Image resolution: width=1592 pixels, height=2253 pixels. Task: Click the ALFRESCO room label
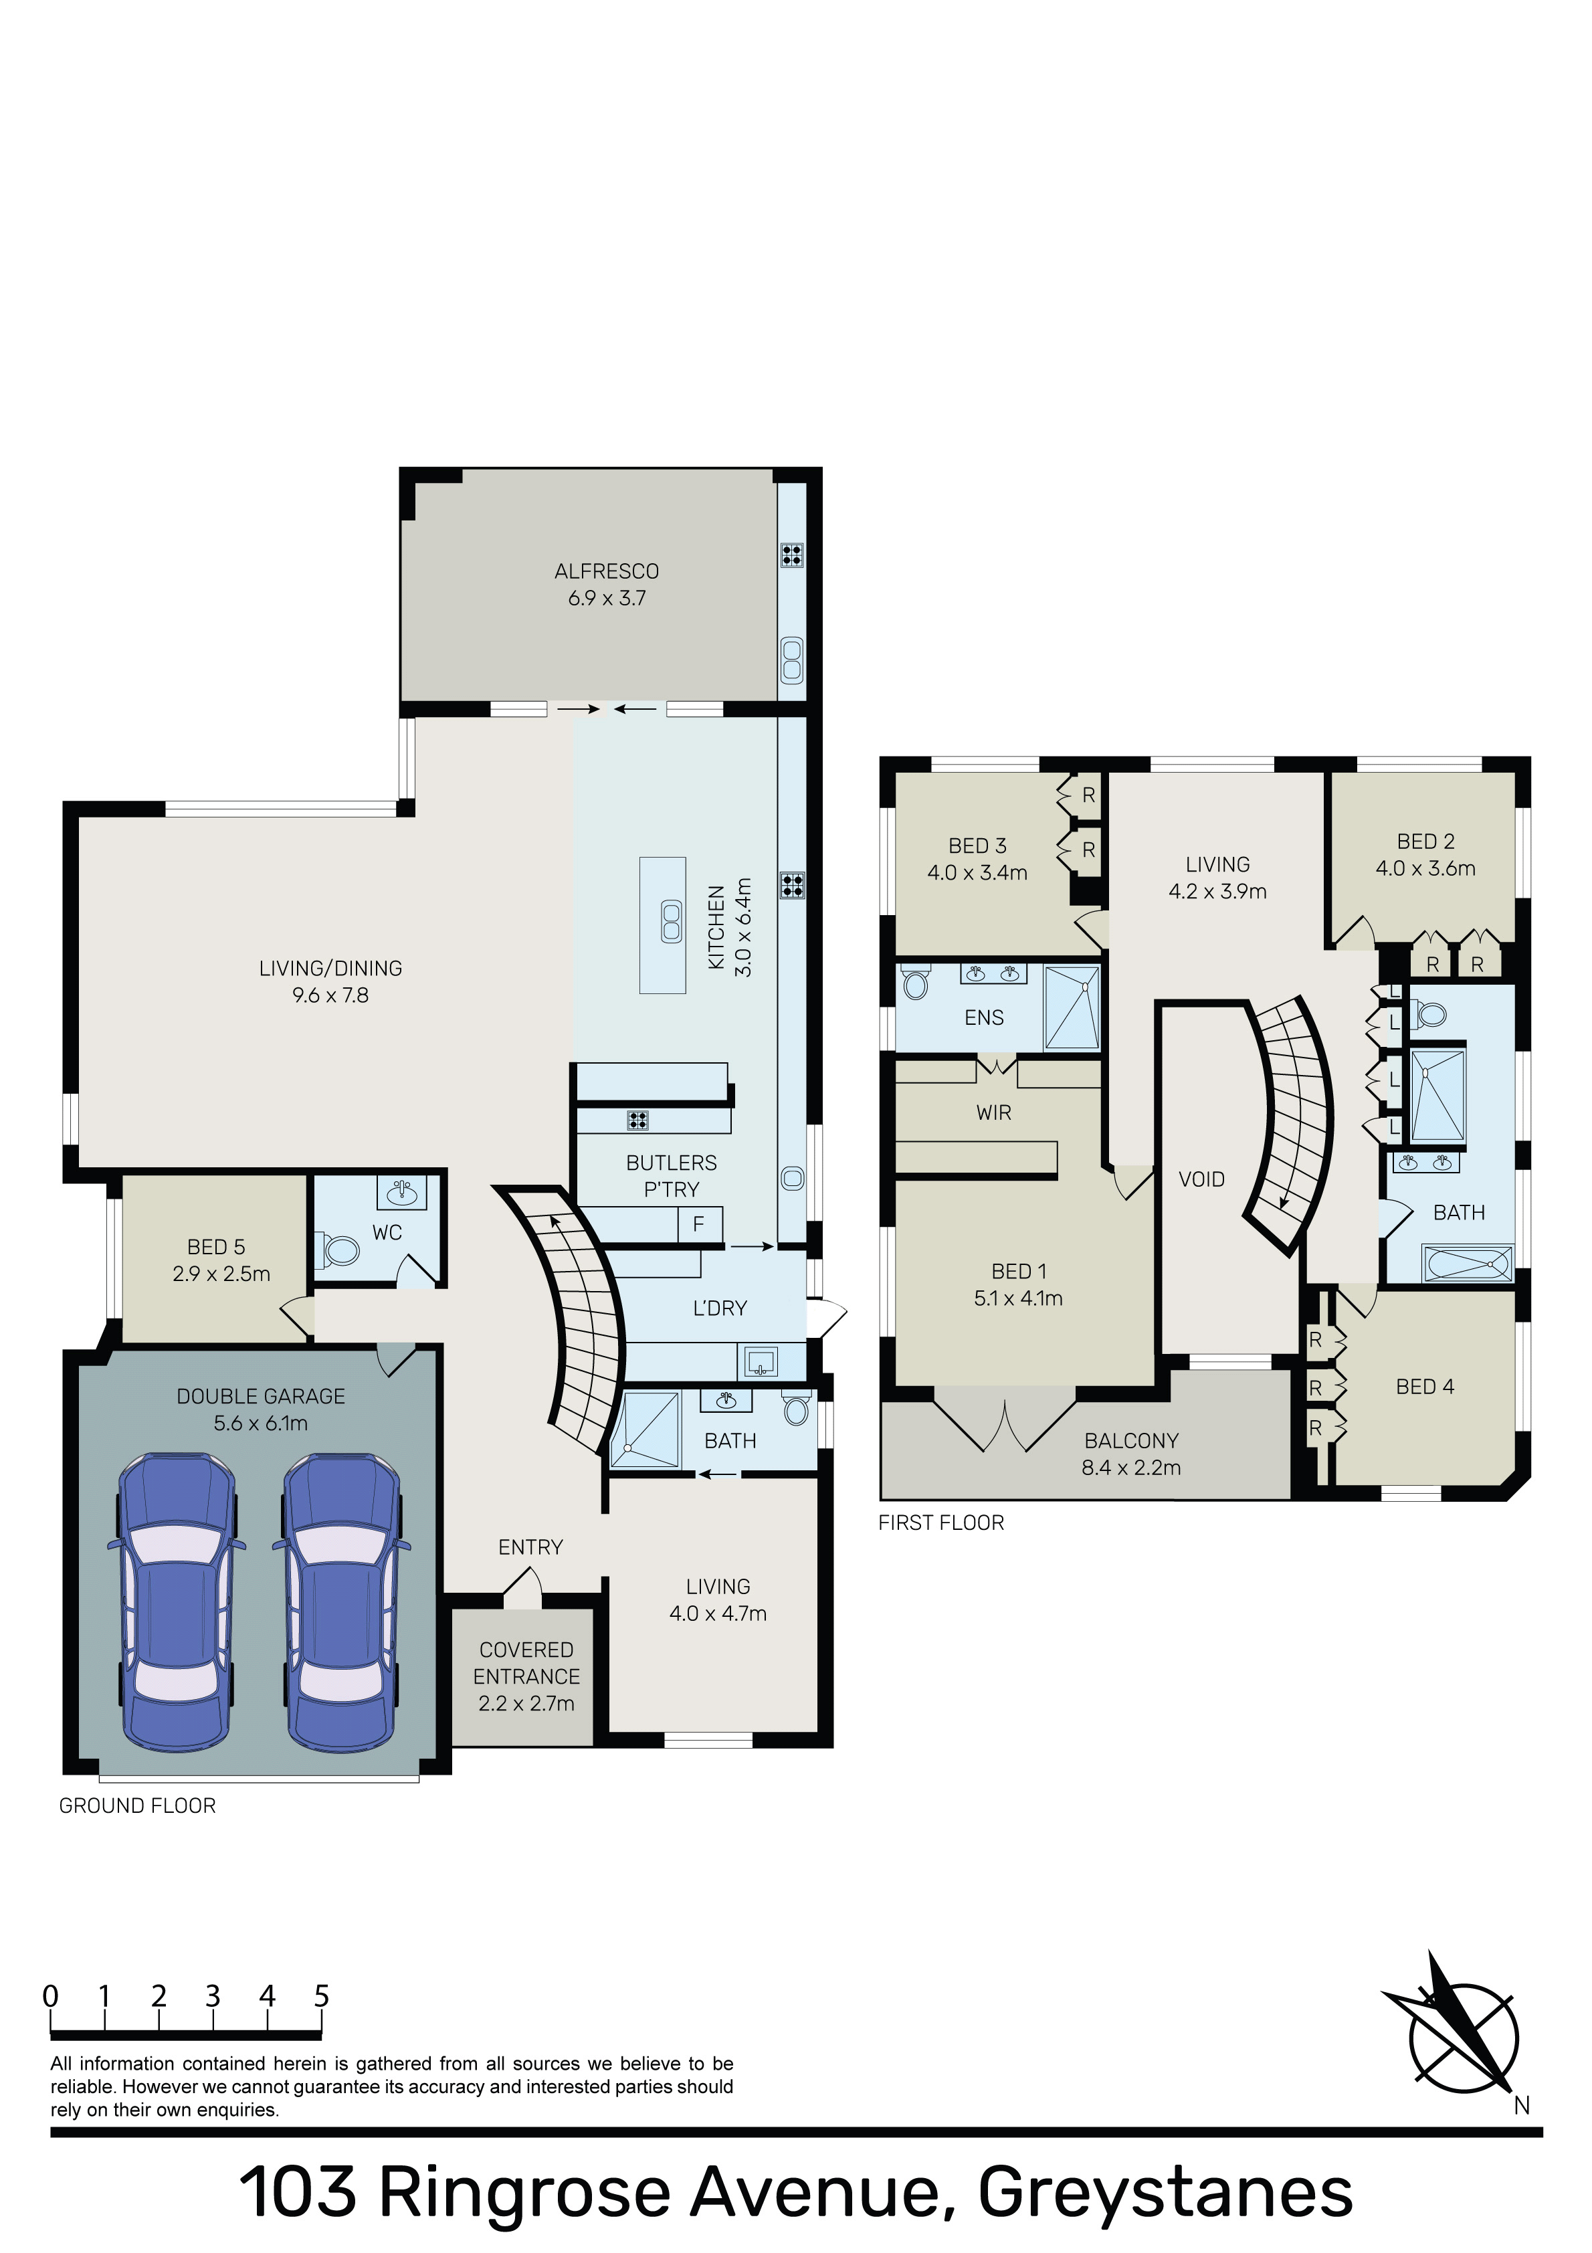click(x=607, y=571)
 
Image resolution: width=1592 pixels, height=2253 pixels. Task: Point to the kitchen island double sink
click(x=672, y=922)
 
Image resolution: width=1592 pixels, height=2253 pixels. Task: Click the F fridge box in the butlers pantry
click(x=699, y=1225)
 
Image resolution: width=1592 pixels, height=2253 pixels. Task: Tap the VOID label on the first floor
click(x=1201, y=1179)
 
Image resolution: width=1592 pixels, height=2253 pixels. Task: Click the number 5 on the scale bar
click(x=321, y=1996)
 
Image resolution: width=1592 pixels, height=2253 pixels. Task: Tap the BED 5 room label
click(x=216, y=1247)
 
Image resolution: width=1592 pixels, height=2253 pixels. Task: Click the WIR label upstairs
click(x=993, y=1112)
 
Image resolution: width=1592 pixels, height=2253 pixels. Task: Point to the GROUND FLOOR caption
click(x=137, y=1805)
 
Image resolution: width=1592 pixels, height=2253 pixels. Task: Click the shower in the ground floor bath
click(x=645, y=1430)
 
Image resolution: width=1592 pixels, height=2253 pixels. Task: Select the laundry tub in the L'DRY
click(x=761, y=1362)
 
